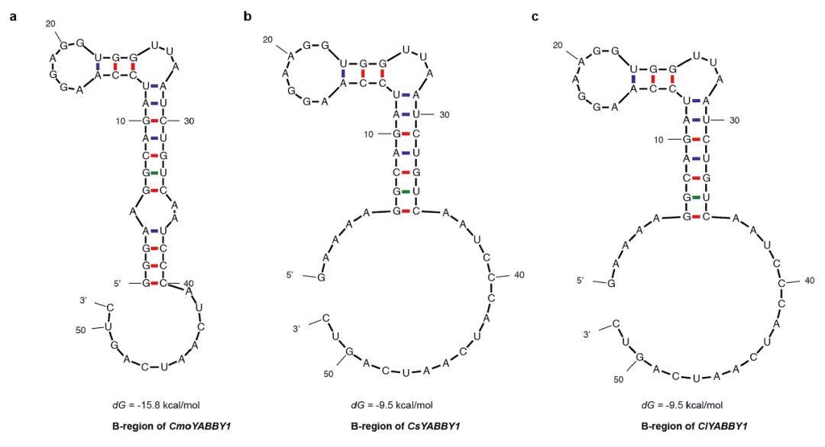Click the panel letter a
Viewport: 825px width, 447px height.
coord(14,14)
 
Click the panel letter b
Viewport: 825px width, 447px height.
coord(247,14)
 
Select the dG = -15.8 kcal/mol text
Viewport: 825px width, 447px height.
coord(156,404)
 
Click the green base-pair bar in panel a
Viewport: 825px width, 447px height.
coord(154,173)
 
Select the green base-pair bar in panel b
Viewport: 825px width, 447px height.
coord(406,191)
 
